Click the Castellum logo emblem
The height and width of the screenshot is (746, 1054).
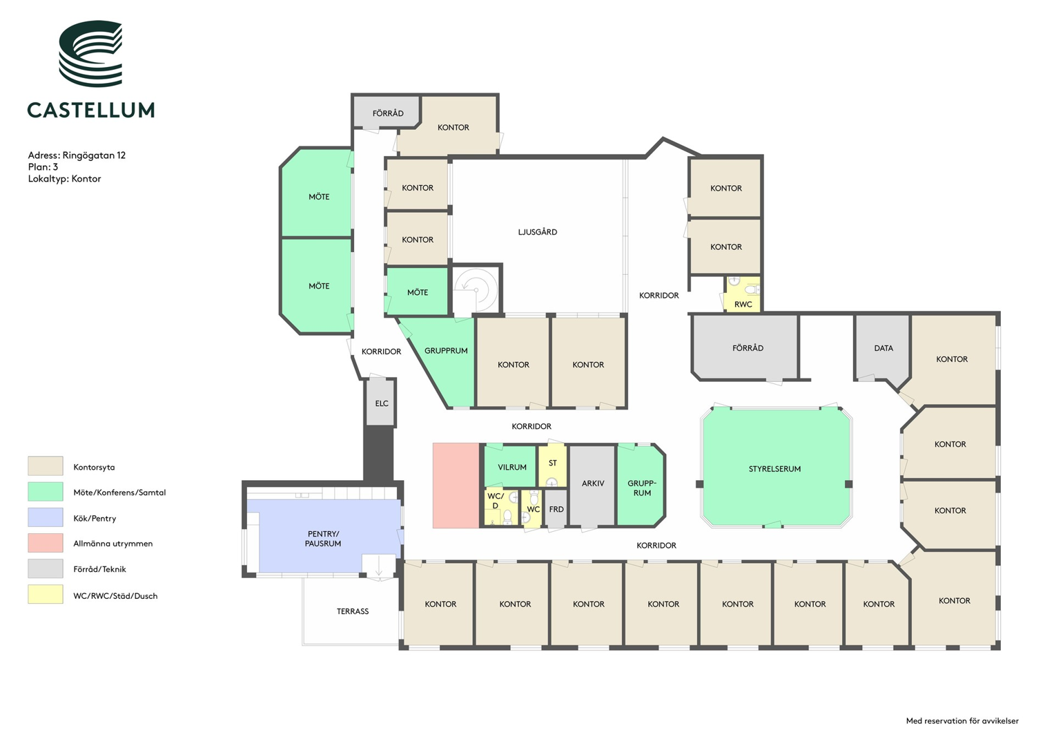tap(90, 53)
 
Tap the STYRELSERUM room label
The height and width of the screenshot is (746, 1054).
tap(774, 468)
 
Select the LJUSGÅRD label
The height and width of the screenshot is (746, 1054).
tap(537, 231)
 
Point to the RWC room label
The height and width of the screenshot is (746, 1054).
tap(743, 304)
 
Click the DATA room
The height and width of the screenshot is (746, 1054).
tap(883, 348)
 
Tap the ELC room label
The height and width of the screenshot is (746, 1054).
tap(382, 403)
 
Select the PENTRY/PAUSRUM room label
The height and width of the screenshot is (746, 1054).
tap(323, 538)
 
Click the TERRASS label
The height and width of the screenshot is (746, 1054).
tap(353, 611)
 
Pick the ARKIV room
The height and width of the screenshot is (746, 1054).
tap(592, 485)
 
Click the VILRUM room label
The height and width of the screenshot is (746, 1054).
tap(512, 467)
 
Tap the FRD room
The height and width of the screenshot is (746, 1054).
tap(556, 508)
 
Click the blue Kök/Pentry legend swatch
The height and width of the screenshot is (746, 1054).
tap(45, 517)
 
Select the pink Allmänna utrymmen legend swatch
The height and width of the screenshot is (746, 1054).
tap(45, 542)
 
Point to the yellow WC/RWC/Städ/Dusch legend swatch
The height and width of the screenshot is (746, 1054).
tap(45, 594)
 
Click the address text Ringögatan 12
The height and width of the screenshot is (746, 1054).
tap(94, 155)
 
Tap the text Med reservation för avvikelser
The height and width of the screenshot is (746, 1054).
tap(962, 720)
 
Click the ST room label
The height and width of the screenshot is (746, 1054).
tap(552, 463)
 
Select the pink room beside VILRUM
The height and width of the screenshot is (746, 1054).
tap(456, 486)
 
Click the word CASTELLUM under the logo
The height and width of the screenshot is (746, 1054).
tap(91, 111)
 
